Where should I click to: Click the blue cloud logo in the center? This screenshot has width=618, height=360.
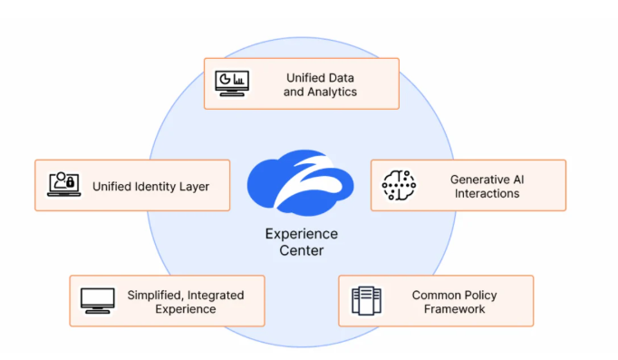300,183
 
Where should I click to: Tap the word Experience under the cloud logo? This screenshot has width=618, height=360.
302,234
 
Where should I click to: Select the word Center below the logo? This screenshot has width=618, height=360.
302,250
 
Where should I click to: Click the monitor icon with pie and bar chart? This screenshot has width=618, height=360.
232,83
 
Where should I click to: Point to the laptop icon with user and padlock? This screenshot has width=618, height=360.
63,184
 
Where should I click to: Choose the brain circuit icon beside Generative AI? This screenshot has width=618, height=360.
399,185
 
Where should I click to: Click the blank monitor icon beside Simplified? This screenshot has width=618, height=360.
97,300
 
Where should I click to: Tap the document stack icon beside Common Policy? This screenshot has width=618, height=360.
367,300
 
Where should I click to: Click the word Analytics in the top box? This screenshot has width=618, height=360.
332,92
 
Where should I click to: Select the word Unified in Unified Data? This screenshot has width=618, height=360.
303,78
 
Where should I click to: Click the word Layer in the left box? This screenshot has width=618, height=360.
194,187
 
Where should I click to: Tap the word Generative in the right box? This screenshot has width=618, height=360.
476,180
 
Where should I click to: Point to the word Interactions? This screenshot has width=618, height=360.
488,194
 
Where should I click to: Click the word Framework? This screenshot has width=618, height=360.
454,309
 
